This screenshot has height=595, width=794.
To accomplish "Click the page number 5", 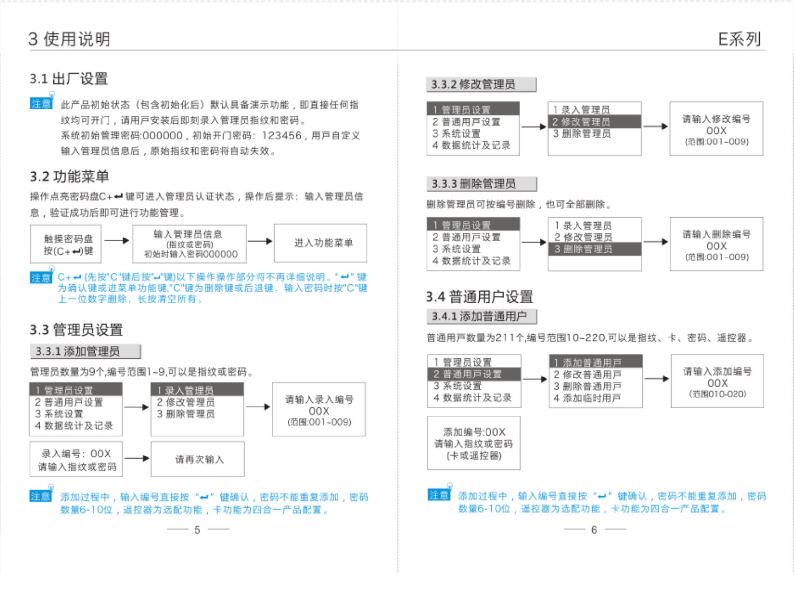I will [x=197, y=530].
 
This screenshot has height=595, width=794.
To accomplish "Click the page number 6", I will [x=594, y=530].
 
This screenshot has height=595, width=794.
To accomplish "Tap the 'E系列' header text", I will [x=739, y=40].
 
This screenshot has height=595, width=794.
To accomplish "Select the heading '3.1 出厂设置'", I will [x=69, y=79].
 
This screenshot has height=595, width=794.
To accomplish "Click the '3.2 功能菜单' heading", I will [x=69, y=176].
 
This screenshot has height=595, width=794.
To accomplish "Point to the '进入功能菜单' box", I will [x=320, y=243].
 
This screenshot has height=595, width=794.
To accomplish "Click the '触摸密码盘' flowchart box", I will [x=66, y=244].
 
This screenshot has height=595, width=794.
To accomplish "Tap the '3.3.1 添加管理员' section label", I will [x=85, y=351].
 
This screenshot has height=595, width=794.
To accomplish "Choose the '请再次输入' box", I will [x=198, y=459].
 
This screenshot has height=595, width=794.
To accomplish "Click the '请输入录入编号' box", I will [x=318, y=409].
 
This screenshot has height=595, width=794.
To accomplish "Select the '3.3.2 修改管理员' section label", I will [x=481, y=85].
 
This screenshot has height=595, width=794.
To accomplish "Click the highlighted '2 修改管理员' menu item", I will [x=594, y=122].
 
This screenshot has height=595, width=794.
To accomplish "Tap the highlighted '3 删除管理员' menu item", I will [x=594, y=249].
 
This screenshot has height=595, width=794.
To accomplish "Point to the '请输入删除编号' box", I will [x=716, y=244].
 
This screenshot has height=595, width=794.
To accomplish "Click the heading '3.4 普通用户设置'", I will [x=479, y=297].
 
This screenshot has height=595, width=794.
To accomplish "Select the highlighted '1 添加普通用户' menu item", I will [x=595, y=362].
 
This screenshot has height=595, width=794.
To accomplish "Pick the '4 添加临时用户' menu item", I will [x=587, y=398].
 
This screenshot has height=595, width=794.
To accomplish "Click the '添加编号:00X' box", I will [x=474, y=443].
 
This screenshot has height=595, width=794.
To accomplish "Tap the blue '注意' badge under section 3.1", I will [x=41, y=103].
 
